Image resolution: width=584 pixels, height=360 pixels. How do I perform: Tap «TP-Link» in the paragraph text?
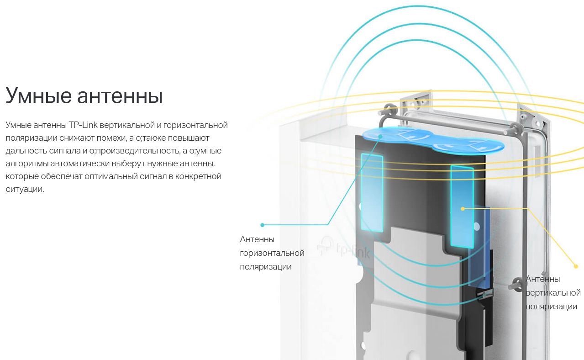click(83, 125)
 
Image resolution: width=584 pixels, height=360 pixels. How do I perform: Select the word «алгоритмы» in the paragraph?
click(27, 164)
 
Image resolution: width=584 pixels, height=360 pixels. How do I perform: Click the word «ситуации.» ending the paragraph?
click(25, 190)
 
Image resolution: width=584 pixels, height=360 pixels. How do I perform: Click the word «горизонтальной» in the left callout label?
click(272, 253)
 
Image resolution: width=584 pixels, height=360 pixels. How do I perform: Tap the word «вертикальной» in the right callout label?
click(553, 293)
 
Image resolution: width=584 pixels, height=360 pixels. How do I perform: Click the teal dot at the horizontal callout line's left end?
click(262, 225)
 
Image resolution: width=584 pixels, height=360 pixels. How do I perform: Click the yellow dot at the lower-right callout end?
click(576, 266)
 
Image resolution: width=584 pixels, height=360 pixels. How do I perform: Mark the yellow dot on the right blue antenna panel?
click(463, 209)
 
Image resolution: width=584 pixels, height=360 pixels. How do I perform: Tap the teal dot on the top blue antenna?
click(381, 136)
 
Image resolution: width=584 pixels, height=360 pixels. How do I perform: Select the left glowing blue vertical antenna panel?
click(372, 193)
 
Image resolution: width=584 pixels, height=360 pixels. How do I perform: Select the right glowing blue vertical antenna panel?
click(462, 206)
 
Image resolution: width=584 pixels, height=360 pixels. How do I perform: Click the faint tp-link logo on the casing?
click(344, 249)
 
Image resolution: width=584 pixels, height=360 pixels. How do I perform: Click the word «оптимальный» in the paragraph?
click(111, 177)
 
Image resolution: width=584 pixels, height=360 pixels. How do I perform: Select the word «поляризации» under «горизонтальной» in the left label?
click(266, 267)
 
